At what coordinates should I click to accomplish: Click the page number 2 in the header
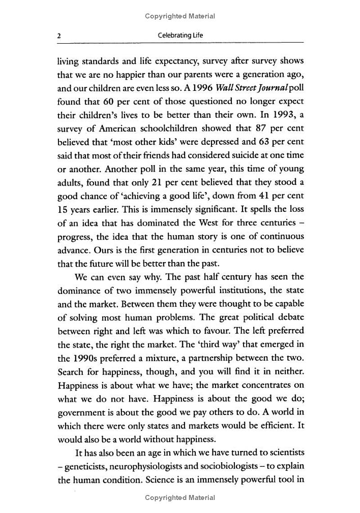coord(59,36)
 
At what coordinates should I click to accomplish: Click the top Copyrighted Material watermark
coord(180,16)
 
